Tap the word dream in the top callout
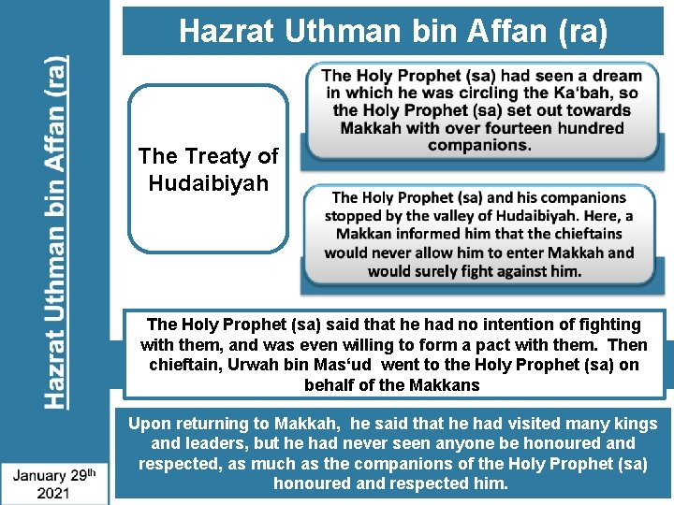point(616,76)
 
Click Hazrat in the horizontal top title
point(222,32)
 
